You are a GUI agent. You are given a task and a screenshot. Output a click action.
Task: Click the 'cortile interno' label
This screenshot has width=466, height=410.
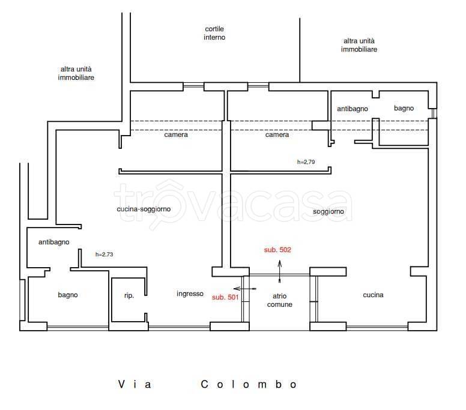pos(214,33)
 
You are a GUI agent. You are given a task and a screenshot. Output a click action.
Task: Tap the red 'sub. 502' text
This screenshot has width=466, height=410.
pos(277,250)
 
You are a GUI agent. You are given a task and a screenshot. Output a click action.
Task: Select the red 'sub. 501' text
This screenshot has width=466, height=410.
pos(225,297)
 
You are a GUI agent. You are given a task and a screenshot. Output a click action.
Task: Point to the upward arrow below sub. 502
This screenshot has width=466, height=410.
pos(280,271)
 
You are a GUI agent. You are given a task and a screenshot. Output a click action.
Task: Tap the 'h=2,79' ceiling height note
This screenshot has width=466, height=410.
pos(307,162)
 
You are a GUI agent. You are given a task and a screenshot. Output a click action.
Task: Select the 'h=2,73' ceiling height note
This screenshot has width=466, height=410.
pos(104,255)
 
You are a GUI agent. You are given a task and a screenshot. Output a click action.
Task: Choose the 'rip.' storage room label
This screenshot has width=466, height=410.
pos(129,295)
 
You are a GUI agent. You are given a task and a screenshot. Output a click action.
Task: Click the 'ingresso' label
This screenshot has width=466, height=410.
pos(190,294)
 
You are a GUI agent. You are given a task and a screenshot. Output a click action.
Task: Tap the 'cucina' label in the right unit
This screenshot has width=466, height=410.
pos(373,295)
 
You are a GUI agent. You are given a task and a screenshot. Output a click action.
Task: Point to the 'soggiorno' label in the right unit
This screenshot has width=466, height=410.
pos(328,212)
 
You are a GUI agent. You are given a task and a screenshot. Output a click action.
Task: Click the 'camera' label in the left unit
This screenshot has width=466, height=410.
pos(176,135)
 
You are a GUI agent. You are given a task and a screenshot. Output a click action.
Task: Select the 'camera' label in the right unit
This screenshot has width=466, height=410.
pos(277,135)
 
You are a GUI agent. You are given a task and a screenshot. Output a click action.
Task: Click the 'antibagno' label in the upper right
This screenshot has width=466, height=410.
pos(352,109)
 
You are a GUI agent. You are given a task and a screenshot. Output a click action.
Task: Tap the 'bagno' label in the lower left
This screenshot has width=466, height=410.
pos(68,295)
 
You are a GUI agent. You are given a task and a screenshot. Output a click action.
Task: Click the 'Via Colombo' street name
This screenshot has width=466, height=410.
pos(207,384)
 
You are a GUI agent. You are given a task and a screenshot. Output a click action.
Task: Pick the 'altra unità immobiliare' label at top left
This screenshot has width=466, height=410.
pos(76,74)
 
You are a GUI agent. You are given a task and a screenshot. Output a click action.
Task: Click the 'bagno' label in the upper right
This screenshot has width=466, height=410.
pos(404,108)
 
